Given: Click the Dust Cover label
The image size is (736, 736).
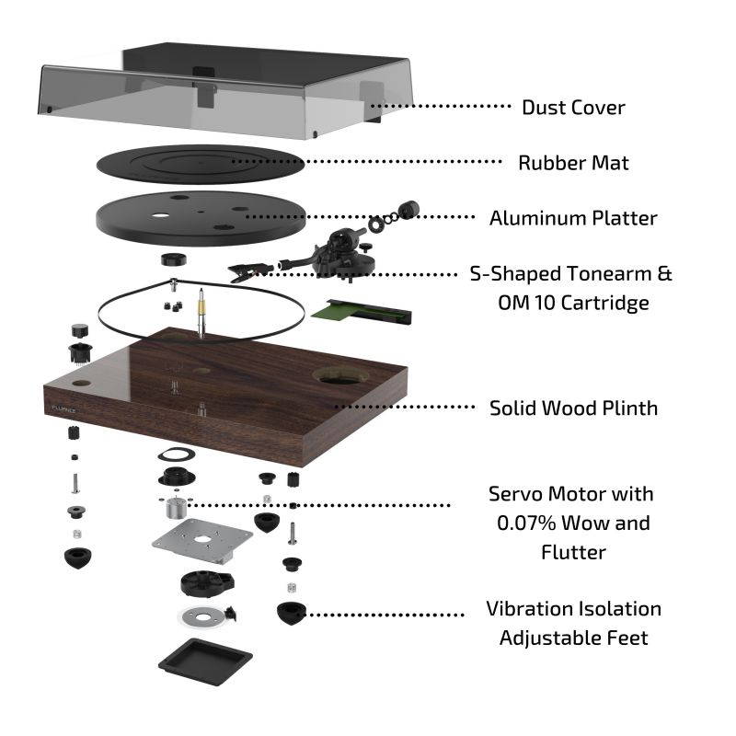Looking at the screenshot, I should [572, 108].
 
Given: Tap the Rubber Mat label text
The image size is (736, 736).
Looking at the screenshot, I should [573, 163].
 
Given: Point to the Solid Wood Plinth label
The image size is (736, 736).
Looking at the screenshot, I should [573, 408].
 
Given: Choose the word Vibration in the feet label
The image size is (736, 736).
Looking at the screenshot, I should [527, 609].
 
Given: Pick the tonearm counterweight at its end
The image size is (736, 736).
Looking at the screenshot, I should [403, 210].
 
